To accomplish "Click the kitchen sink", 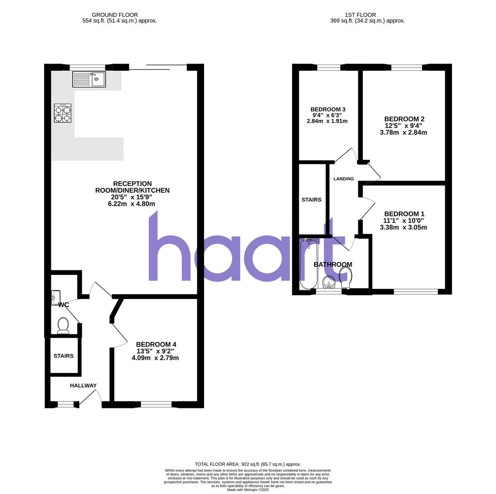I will coord(89,79).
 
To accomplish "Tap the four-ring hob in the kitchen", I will coord(63,113).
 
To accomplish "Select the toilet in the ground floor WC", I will coord(63,325).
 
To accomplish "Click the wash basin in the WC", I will coord(56,298).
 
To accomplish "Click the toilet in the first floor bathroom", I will coord(346,277).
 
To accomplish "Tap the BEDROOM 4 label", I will coord(156,344).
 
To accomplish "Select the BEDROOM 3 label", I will coord(328,110).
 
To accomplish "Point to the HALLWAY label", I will coord(83,386).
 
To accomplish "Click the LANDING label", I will coord(344,179).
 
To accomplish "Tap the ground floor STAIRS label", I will coord(63,356).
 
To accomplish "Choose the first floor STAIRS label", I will coord(311,200).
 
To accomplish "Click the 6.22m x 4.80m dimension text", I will coord(130,204).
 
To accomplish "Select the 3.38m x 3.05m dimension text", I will coord(404,227).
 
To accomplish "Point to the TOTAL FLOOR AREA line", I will coord(248,464).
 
